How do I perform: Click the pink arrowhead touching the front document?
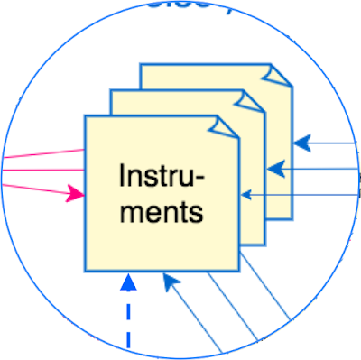click(76, 192)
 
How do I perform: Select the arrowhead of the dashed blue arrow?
click(128, 282)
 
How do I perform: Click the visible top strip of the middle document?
click(171, 102)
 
